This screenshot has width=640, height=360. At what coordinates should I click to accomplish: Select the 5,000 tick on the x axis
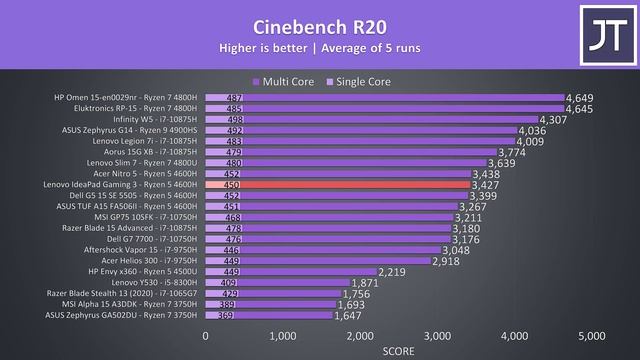coord(592,336)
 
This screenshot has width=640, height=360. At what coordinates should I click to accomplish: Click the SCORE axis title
coord(398,352)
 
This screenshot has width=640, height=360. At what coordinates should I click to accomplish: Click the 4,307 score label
coord(553,119)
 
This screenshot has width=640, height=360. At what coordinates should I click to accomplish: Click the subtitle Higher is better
coord(320,48)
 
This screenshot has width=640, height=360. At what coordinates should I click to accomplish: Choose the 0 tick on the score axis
coord(205,336)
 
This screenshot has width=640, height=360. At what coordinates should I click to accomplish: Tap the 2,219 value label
coord(392,271)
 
